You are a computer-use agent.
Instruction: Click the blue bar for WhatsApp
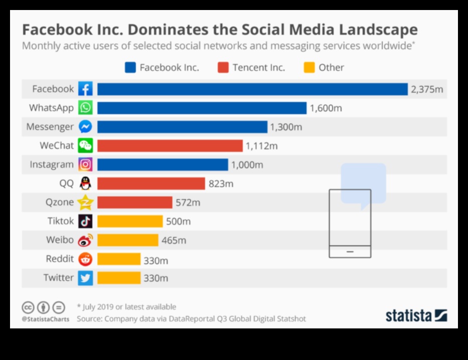(202, 108)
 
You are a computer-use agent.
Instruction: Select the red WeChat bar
(170, 146)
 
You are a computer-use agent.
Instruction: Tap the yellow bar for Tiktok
(130, 221)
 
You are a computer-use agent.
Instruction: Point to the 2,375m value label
(427, 89)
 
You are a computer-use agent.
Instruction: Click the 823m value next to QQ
(221, 184)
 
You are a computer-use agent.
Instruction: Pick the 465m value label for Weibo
(174, 240)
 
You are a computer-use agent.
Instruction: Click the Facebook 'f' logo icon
(85, 89)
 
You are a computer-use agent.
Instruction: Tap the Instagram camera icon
(85, 164)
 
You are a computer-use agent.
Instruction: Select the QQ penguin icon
(85, 184)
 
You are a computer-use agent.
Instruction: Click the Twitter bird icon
(85, 278)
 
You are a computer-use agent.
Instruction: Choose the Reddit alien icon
(85, 259)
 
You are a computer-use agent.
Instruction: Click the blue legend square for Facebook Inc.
(130, 67)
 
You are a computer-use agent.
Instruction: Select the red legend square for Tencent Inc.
(224, 67)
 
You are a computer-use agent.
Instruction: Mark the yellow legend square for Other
(309, 67)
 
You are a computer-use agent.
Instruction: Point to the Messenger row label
(50, 127)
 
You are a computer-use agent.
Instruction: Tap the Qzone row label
(59, 203)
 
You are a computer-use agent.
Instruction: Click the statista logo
(416, 315)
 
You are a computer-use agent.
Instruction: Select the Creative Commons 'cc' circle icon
(28, 307)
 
